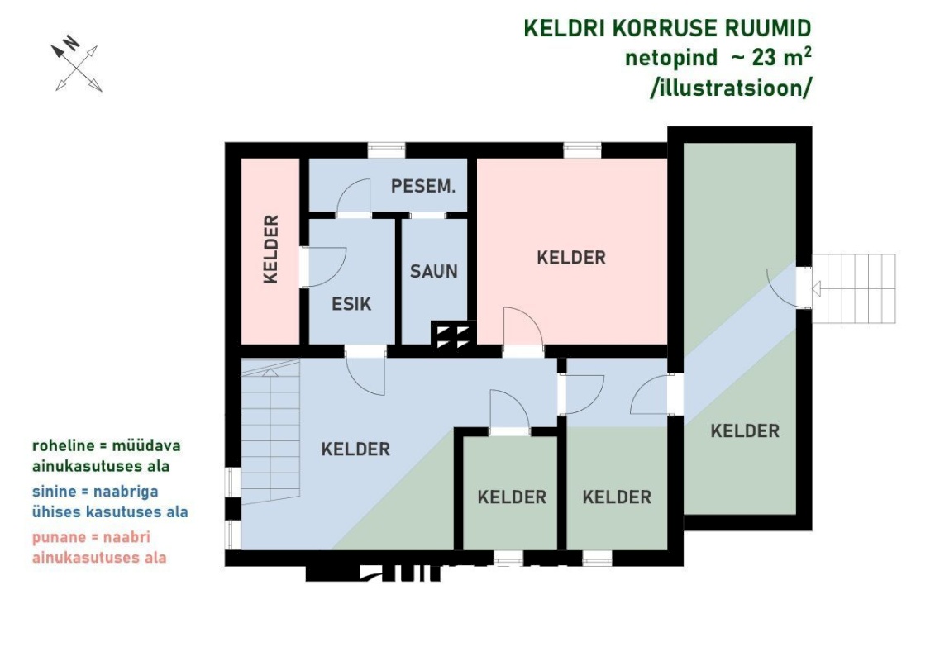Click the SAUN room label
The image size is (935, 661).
pos(433,271)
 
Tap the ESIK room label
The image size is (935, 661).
pos(351,304)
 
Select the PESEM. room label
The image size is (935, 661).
pos(422,186)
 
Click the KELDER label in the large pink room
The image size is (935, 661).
pos(571,258)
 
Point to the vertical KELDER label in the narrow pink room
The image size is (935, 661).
pos(270,250)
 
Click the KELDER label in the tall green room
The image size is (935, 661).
pos(745,431)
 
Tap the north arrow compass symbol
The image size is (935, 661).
pos(77,64)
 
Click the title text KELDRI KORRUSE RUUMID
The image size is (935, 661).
pos(667,29)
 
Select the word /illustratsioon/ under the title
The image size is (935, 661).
pos(731,88)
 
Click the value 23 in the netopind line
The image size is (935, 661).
pos(764,58)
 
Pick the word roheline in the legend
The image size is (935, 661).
pos(63,445)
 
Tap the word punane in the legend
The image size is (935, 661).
pos(59,538)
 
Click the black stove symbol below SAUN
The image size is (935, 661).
pos(453,335)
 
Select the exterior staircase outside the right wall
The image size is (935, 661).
pos(854,288)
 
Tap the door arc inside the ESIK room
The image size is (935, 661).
pos(327,267)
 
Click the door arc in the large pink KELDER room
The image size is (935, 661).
pos(523,327)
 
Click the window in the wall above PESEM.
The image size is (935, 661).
pos(386,150)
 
